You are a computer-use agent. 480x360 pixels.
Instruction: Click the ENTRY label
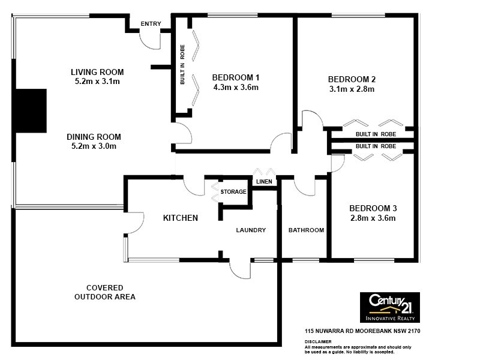tap(151, 23)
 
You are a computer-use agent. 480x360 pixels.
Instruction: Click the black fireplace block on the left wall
tap(31, 110)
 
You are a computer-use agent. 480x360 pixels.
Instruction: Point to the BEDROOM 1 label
tap(236, 77)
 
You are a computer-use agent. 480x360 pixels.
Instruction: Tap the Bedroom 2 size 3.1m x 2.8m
tap(352, 89)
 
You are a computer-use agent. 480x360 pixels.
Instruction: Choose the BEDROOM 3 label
tap(373, 208)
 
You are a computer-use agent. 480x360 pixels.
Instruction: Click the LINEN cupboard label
tap(264, 181)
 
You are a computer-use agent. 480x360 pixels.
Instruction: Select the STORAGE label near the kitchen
tap(233, 192)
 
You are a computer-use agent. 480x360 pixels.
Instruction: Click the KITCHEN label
tap(181, 218)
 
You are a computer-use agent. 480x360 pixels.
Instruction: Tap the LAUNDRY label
tap(251, 230)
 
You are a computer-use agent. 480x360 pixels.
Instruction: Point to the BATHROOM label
tap(306, 230)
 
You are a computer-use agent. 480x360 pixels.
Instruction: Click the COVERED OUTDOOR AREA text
tap(105, 292)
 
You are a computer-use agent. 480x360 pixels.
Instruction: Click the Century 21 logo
tap(389, 307)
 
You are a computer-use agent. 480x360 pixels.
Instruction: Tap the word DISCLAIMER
tap(317, 341)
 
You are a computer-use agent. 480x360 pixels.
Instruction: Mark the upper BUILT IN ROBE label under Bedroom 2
tap(376, 134)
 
